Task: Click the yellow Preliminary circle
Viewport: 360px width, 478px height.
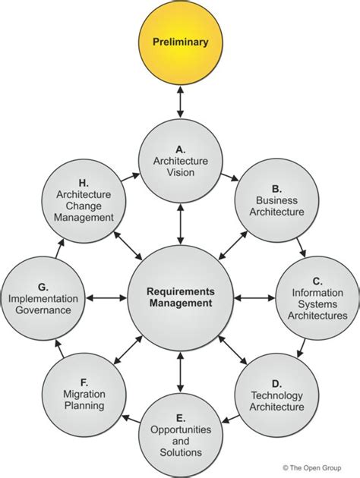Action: (x=180, y=43)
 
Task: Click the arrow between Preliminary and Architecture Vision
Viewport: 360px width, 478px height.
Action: (x=180, y=102)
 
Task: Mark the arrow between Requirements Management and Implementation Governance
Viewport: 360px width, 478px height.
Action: (x=106, y=297)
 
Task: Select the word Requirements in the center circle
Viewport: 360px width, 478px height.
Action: (x=181, y=291)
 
